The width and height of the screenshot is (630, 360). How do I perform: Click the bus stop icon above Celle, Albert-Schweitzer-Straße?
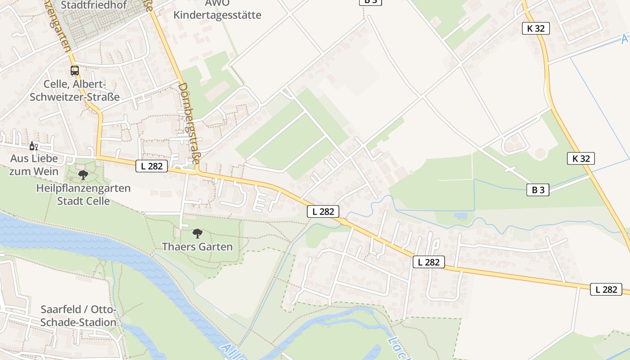click(x=75, y=71)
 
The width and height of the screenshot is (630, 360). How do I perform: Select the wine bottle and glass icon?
click(x=33, y=146)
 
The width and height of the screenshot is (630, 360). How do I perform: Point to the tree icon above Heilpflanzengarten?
click(x=83, y=175)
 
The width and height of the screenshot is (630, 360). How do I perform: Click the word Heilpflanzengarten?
click(x=83, y=188)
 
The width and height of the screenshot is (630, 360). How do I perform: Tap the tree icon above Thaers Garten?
click(x=197, y=234)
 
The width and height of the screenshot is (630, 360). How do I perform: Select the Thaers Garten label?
click(x=197, y=247)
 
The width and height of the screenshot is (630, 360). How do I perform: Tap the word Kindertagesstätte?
click(x=217, y=15)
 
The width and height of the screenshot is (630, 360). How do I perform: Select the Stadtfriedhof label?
click(x=94, y=5)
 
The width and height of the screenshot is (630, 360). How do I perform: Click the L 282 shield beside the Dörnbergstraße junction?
click(x=152, y=166)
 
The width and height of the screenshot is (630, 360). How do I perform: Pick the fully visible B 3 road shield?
click(x=538, y=190)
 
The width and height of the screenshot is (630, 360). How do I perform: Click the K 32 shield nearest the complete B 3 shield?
click(x=581, y=158)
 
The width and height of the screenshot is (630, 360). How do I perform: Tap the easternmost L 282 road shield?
click(x=606, y=289)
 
